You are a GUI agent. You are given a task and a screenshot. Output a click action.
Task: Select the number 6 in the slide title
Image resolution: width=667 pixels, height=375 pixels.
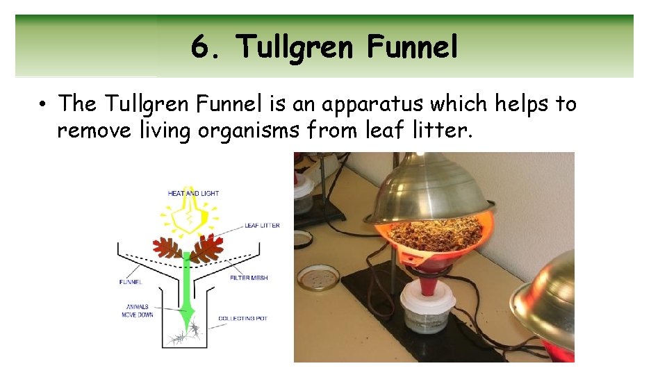[200, 47]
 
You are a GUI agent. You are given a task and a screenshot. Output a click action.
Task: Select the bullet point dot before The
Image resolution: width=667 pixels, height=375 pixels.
[43, 105]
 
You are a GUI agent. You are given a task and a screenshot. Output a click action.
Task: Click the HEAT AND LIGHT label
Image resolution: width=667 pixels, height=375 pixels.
[193, 193]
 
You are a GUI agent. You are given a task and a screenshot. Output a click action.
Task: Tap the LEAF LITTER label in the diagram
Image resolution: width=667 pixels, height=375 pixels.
[262, 226]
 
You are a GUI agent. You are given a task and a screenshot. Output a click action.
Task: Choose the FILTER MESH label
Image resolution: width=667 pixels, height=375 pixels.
[249, 278]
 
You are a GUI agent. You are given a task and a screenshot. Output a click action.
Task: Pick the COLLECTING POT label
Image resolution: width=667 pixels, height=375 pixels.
[242, 319]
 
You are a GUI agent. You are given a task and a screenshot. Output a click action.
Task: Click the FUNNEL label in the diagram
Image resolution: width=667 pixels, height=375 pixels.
[131, 282]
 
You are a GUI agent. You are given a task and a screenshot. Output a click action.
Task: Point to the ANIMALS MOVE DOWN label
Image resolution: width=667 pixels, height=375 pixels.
[138, 310]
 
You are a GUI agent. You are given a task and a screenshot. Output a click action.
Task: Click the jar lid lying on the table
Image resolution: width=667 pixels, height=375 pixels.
[318, 277]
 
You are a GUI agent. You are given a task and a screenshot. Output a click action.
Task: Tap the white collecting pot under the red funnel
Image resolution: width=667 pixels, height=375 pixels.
[427, 306]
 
